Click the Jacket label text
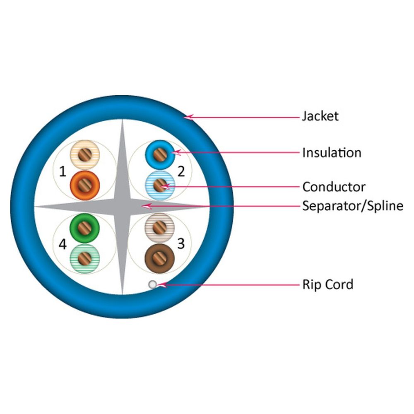pyautogui.click(x=320, y=116)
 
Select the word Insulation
pyautogui.click(x=331, y=153)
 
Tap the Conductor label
pyautogui.click(x=334, y=187)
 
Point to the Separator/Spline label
pyautogui.click(x=352, y=206)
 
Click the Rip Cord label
pyautogui.click(x=327, y=284)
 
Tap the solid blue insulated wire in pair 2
pyautogui.click(x=159, y=154)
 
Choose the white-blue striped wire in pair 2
pyautogui.click(x=159, y=185)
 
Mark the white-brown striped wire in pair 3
pyautogui.click(x=159, y=227)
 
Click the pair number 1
pyautogui.click(x=63, y=171)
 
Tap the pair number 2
pyautogui.click(x=181, y=171)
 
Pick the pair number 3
pyautogui.click(x=181, y=244)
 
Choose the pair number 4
pyautogui.click(x=63, y=245)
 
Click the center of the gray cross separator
pyautogui.click(x=122, y=206)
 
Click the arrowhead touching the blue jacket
pyautogui.click(x=188, y=117)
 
